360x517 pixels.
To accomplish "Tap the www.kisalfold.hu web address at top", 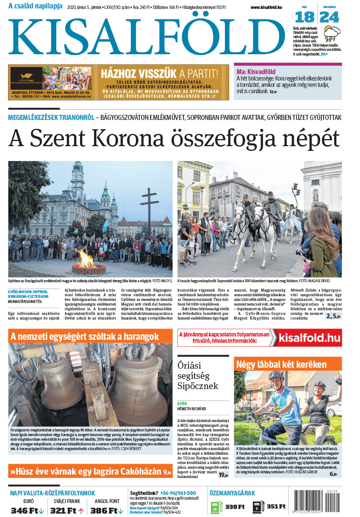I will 266,7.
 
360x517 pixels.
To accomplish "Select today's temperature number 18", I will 305,17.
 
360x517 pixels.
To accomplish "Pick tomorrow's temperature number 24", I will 330,17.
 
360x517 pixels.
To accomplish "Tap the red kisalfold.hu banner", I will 310,337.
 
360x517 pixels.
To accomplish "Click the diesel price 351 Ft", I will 276,506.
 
